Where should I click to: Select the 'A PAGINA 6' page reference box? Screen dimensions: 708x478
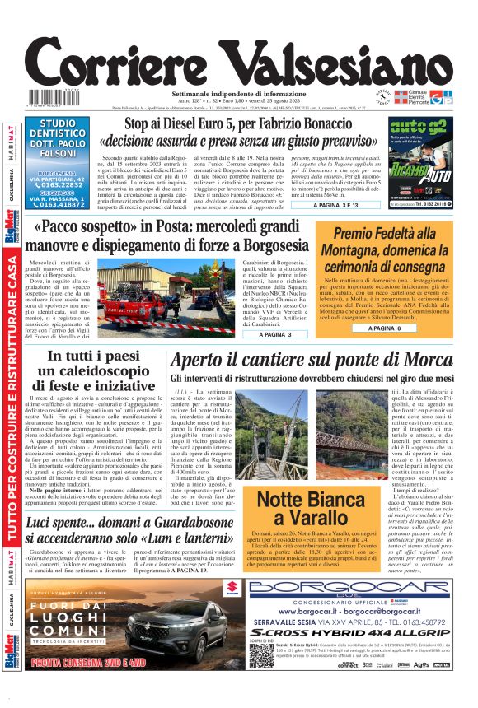[384, 328]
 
